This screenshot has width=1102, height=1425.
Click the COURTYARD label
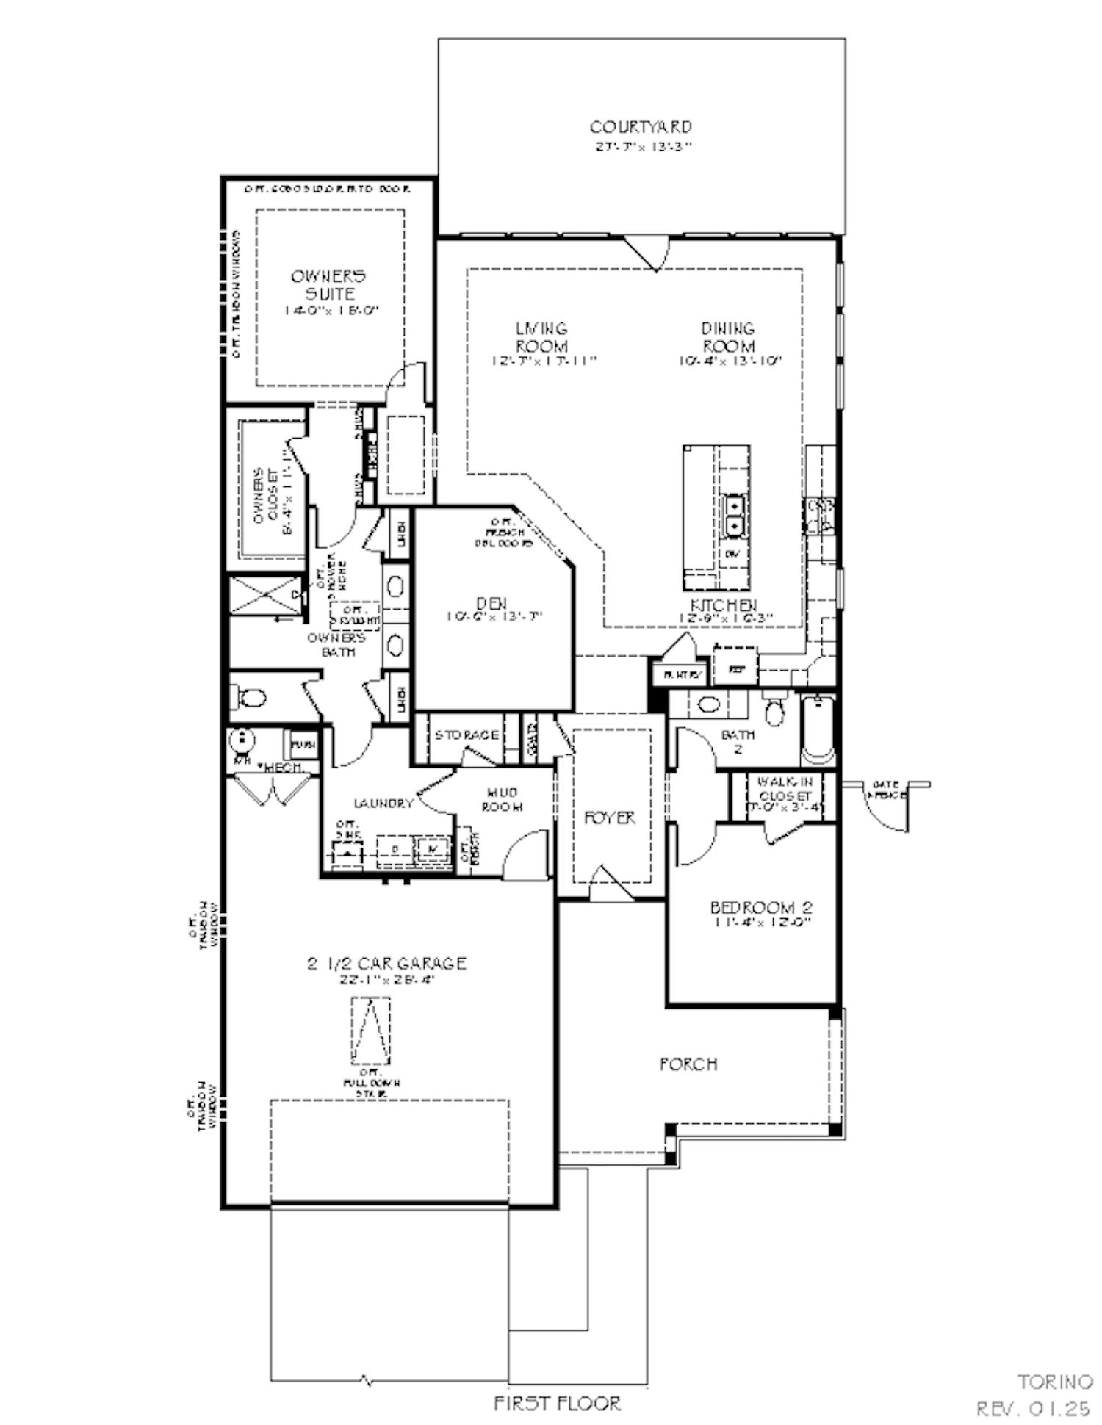click(641, 127)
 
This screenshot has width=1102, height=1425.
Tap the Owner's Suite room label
click(328, 285)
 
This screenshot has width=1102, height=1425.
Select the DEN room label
click(491, 604)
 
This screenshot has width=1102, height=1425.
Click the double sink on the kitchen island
click(734, 516)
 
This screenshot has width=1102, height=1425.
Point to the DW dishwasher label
click(732, 554)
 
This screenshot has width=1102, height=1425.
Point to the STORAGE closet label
click(467, 735)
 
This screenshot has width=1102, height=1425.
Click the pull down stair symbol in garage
click(371, 1031)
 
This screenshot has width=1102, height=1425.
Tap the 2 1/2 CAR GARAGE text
click(386, 963)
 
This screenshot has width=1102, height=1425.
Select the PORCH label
click(688, 1064)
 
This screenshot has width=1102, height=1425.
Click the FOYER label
click(610, 818)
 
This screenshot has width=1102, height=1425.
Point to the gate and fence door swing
click(886, 808)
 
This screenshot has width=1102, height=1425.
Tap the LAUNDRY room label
click(383, 804)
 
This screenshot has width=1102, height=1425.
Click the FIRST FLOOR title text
click(557, 1404)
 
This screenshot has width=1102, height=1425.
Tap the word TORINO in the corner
click(1055, 1382)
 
